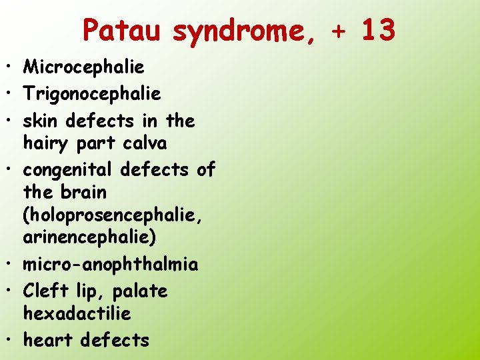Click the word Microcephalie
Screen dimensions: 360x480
(x=84, y=67)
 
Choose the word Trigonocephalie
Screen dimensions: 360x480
(x=92, y=94)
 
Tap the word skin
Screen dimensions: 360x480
(x=40, y=121)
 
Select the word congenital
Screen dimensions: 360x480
(x=69, y=171)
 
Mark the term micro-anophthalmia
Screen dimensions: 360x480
(x=111, y=265)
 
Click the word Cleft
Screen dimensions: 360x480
(x=44, y=291)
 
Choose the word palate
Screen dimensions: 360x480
(x=140, y=292)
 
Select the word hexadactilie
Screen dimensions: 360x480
(x=77, y=313)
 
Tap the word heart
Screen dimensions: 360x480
(x=49, y=340)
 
